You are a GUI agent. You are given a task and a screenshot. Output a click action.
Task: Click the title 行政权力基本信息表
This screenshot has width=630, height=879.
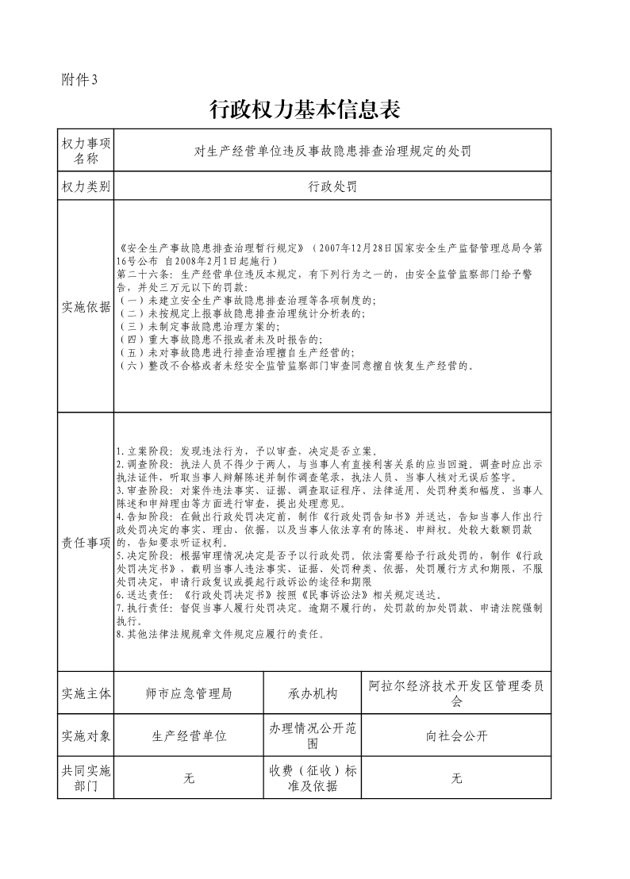tap(303, 110)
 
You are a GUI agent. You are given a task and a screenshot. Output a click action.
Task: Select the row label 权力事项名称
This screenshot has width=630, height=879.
tap(86, 150)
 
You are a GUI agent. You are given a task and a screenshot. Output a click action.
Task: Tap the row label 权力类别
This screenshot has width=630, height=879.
tap(86, 187)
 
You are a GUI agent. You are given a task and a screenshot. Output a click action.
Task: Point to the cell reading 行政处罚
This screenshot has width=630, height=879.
tap(332, 187)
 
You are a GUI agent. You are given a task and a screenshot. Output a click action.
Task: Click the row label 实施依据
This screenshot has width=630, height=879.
tap(86, 307)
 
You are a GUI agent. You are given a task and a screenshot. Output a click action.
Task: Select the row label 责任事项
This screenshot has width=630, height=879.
tap(86, 542)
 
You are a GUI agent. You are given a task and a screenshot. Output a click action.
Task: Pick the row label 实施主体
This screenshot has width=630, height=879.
tap(86, 693)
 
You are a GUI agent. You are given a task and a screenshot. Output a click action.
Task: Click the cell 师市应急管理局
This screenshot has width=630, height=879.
tap(189, 693)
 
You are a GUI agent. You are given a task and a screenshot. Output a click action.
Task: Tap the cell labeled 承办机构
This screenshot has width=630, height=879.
tap(313, 693)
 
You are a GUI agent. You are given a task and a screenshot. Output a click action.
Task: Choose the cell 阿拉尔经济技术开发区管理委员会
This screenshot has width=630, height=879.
tap(456, 693)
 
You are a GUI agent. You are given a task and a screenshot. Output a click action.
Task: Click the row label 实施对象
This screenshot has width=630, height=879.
tap(86, 735)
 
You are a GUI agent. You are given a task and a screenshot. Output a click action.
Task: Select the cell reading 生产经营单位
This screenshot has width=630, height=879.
tap(189, 735)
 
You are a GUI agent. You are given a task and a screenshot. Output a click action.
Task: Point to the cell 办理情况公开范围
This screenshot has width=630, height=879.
tap(313, 735)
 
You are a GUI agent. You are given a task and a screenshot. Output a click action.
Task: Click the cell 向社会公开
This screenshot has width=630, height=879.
tap(456, 735)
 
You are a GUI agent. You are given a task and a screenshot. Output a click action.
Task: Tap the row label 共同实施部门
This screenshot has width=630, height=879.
tap(86, 778)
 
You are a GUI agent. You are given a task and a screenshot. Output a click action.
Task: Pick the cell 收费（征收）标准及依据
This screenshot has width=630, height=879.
tap(313, 778)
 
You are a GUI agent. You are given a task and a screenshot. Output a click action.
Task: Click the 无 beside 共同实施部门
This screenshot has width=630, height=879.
tap(189, 778)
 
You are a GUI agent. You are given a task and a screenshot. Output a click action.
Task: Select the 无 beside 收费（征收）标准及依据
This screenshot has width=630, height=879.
tap(456, 778)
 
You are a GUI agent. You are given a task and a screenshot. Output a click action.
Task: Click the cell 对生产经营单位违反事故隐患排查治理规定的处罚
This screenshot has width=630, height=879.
tap(332, 150)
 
